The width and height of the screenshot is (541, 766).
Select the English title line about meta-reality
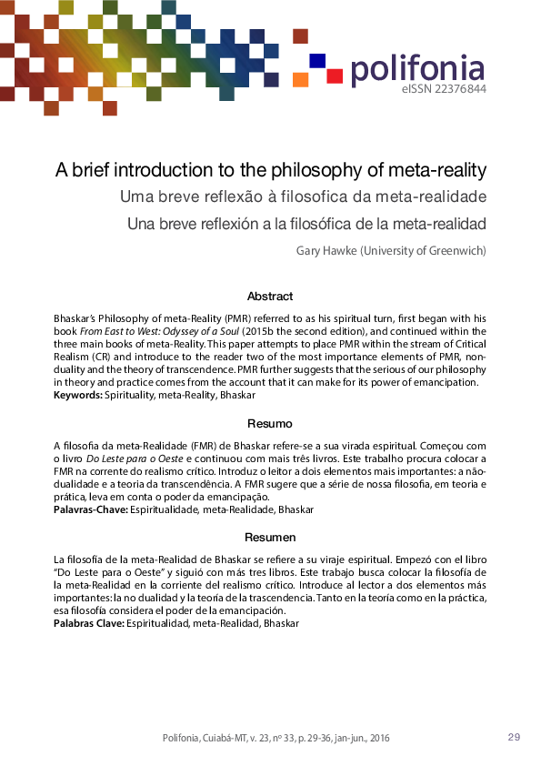[271, 170]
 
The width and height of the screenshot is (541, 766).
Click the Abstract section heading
[269, 296]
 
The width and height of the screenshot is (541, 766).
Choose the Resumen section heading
[269, 538]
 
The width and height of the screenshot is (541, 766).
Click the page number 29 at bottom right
[514, 737]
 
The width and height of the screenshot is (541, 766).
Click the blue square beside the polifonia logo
[317, 60]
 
